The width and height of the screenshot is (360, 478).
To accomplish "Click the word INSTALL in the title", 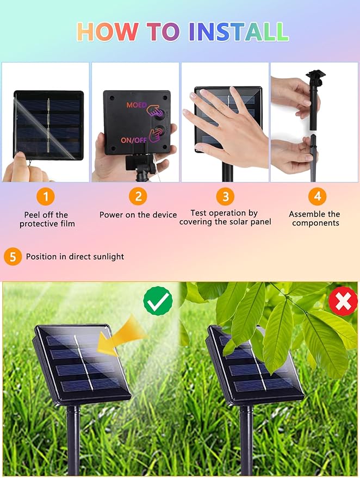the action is [239, 32].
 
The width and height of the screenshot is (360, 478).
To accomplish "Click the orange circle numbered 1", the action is [46, 196].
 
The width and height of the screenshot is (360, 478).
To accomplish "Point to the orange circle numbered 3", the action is [225, 196].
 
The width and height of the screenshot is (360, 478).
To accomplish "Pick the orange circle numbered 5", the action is [13, 257].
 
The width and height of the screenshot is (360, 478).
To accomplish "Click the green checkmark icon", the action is [158, 301].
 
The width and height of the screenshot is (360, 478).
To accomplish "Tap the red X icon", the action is [343, 301].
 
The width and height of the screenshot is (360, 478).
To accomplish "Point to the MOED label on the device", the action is [136, 105].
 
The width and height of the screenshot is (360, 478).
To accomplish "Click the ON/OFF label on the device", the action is [134, 140].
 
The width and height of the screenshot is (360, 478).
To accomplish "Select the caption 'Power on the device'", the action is [138, 215].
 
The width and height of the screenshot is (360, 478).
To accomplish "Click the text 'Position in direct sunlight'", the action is [75, 257].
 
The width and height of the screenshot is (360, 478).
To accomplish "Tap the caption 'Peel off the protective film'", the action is [47, 219].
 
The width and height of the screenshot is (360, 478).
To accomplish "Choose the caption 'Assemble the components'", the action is [315, 219].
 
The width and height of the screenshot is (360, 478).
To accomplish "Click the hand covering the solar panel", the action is [226, 128].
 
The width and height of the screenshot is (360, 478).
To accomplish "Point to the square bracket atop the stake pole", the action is [316, 74].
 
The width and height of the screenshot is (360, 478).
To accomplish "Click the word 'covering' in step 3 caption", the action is [196, 222].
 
